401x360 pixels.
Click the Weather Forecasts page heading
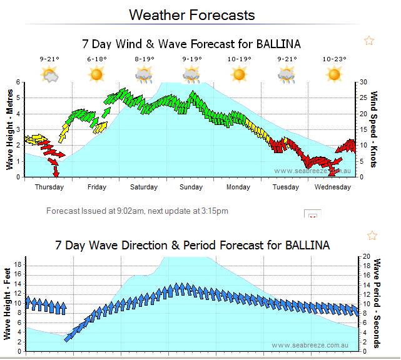click(191, 14)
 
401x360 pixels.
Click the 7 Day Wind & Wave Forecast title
click(191, 44)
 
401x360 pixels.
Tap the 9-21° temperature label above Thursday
click(49, 59)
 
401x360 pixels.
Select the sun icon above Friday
click(96, 75)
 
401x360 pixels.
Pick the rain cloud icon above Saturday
click(144, 76)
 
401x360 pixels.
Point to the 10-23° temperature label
click(335, 59)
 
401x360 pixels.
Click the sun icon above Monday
click(239, 75)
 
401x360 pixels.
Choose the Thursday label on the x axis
click(49, 187)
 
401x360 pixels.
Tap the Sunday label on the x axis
click(191, 187)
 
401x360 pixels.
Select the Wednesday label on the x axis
click(332, 187)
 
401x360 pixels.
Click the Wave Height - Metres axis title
click(10, 129)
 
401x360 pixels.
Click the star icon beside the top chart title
click(369, 41)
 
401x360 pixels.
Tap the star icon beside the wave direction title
click(372, 236)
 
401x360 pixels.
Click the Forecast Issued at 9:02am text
click(137, 211)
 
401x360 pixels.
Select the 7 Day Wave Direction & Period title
click(191, 245)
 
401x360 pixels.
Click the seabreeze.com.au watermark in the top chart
click(310, 171)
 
